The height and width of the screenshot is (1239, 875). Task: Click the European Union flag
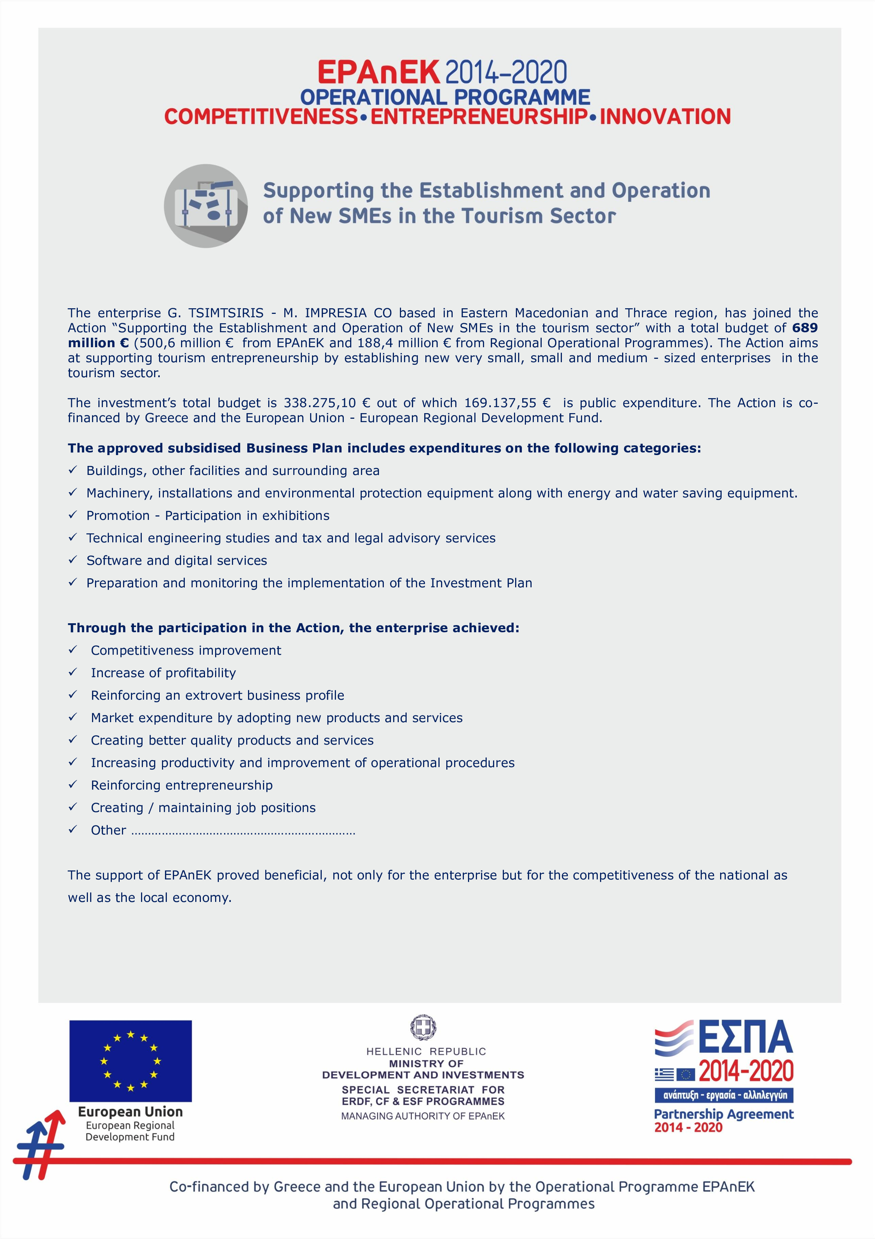point(131,1060)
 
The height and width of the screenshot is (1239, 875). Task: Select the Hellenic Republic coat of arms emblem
point(423,1027)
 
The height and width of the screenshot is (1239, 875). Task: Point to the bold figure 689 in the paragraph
point(804,328)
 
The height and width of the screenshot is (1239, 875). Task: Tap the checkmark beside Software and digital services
point(73,560)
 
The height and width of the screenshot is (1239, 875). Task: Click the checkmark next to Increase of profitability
point(73,672)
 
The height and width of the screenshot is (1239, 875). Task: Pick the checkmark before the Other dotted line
point(73,829)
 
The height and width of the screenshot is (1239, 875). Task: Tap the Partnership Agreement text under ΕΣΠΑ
point(723,1114)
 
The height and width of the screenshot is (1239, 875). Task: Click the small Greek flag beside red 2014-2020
point(664,1075)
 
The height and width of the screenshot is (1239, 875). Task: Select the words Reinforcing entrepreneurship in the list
point(182,785)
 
